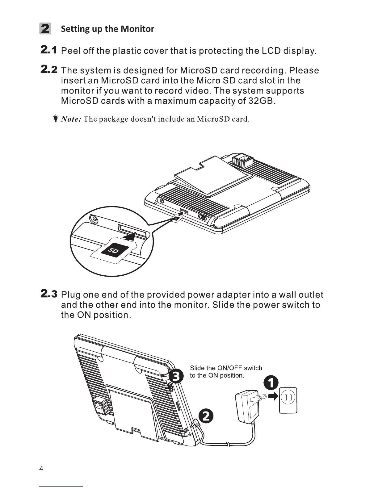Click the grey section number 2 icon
click(x=45, y=29)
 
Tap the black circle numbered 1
click(x=271, y=383)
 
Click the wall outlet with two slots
click(x=288, y=400)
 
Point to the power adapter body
click(x=247, y=407)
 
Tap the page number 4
click(x=42, y=469)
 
